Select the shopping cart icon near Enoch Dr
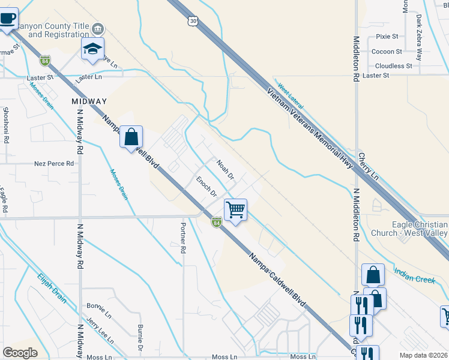point(236,210)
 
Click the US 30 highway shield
point(191,21)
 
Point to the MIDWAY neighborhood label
point(89,101)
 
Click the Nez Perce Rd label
point(54,163)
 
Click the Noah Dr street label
point(225,170)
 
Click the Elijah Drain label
point(51,288)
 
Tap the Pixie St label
point(387,37)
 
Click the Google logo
point(20,353)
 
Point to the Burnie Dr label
point(139,338)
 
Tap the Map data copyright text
point(423,355)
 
